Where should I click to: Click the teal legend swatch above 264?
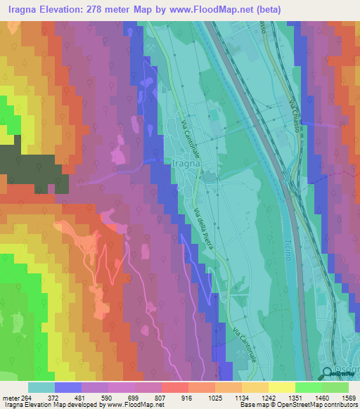[x=41, y=387]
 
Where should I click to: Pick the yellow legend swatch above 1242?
[x=255, y=387]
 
